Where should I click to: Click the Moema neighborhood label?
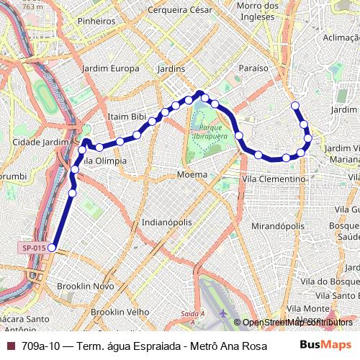(x=192, y=174)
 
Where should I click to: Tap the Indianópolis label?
(x=167, y=222)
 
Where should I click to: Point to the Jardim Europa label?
(x=111, y=68)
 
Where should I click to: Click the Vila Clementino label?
(x=274, y=178)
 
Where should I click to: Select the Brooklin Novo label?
(x=86, y=286)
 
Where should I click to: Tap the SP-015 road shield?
(x=34, y=248)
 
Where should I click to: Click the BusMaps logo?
(x=326, y=346)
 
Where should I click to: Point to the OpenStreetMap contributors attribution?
(x=296, y=323)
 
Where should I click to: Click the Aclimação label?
(x=341, y=37)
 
